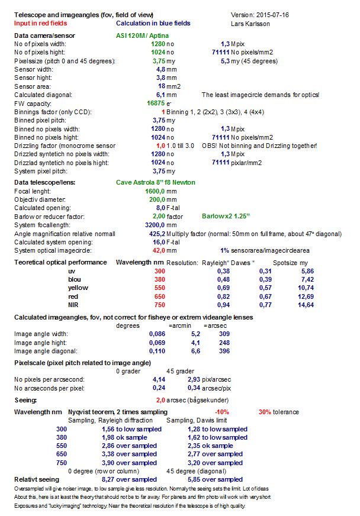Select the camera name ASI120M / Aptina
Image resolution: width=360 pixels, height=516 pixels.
point(142,36)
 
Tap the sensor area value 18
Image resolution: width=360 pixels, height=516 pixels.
point(161,86)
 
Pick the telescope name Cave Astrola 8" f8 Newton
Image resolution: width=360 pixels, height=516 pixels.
point(156,182)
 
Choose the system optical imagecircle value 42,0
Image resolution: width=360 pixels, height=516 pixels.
point(156,250)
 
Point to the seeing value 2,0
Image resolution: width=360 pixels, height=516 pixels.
point(160,400)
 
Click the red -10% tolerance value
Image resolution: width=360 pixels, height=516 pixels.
point(221,412)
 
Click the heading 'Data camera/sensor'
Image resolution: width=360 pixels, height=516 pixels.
point(44,36)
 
